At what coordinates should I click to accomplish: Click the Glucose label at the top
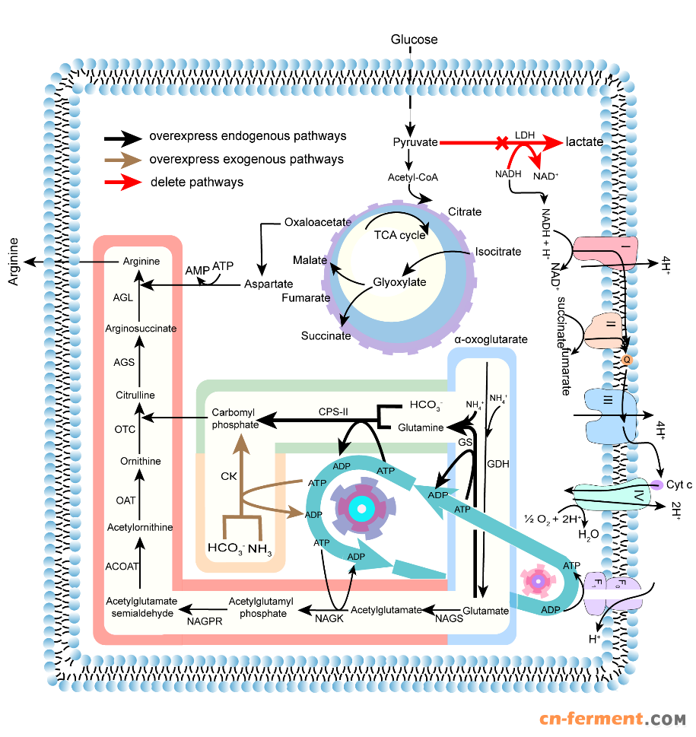(414, 40)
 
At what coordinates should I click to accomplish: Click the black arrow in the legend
(123, 137)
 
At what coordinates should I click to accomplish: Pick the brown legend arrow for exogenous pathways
(123, 160)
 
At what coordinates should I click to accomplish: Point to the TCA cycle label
(399, 235)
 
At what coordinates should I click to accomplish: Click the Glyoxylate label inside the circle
(399, 282)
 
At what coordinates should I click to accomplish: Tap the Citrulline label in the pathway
(135, 396)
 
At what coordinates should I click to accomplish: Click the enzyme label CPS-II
(333, 411)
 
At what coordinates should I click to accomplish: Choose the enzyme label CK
(229, 477)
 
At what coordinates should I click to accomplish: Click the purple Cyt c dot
(655, 484)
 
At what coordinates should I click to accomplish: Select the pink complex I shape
(598, 252)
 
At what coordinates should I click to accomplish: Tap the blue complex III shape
(606, 412)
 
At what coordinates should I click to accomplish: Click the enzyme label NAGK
(329, 619)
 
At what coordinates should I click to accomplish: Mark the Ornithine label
(140, 462)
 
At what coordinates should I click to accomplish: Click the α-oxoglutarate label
(491, 340)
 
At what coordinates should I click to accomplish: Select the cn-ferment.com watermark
(613, 719)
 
